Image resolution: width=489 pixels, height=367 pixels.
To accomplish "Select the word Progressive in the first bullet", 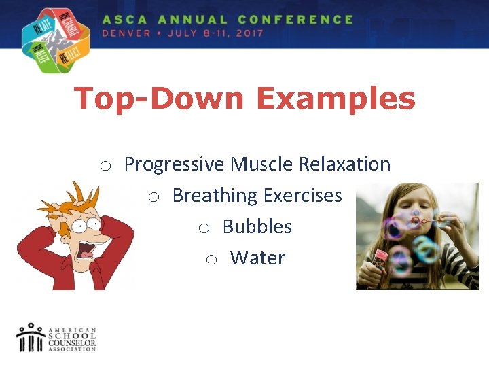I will (x=174, y=164).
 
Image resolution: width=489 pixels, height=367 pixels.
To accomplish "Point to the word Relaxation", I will (x=345, y=164).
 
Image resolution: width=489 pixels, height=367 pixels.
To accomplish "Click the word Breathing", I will (x=215, y=196).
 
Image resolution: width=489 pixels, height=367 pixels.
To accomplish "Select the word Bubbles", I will (x=257, y=227).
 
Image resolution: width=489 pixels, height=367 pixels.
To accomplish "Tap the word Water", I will (x=257, y=258).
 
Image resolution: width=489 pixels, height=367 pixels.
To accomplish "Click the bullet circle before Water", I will (x=211, y=260).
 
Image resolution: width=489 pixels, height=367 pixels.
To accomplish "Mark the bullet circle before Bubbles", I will (x=204, y=228).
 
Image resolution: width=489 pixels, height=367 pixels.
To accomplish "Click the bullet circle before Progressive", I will (x=105, y=166).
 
